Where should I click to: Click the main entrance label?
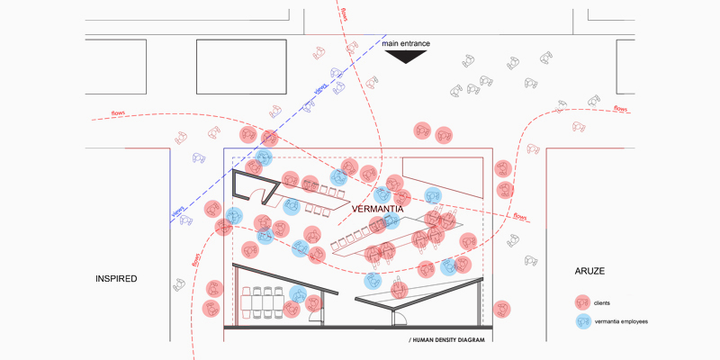405,42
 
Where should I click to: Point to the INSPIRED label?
116,279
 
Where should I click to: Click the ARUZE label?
593,271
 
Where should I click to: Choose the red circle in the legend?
583,303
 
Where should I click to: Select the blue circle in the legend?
583,321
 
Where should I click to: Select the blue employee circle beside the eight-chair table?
298,294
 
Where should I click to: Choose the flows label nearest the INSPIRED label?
196,259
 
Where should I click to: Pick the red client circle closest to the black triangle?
420,130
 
